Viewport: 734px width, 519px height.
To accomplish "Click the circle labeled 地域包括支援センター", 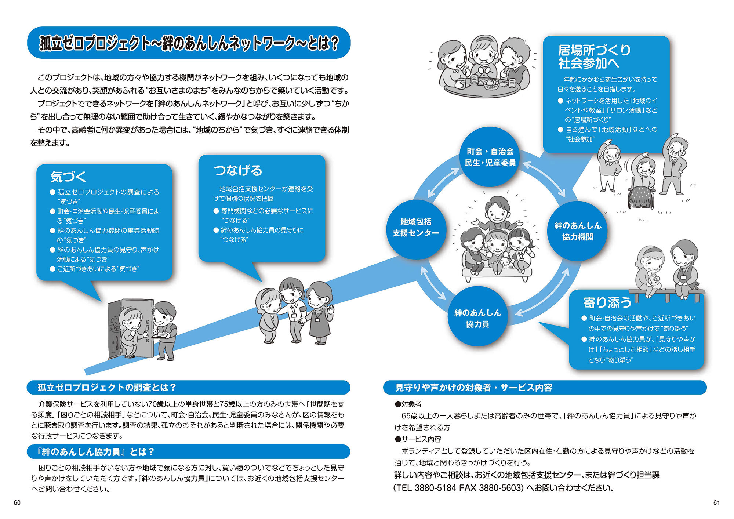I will (416, 228).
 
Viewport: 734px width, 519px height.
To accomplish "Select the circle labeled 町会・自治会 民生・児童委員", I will (490, 157).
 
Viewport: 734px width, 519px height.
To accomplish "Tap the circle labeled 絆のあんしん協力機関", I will (577, 231).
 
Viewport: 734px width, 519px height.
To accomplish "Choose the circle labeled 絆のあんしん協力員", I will (477, 318).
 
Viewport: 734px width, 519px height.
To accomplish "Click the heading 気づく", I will (68, 177).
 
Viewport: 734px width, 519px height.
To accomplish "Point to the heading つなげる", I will (238, 171).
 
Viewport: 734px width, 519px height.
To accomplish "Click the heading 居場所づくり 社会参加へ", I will (594, 57).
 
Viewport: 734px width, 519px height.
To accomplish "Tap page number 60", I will (17, 503).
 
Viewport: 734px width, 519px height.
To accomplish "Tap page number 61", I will (716, 503).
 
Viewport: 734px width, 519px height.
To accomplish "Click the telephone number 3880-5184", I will (435, 488).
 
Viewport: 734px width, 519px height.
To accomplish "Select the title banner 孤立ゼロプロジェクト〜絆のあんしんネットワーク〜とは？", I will (189, 43).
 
